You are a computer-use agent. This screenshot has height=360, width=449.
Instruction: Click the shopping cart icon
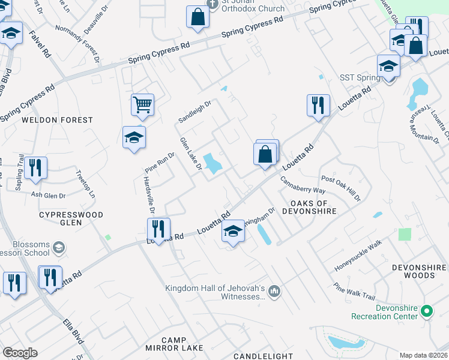coord(142,105)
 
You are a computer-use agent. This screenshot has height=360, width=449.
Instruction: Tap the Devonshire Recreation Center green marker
coord(427,311)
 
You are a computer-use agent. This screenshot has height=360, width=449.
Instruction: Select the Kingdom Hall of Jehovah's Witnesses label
coord(215,292)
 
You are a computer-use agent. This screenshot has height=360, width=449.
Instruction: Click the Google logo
coord(20,353)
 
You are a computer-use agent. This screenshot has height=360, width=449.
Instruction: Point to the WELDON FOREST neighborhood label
coord(58,120)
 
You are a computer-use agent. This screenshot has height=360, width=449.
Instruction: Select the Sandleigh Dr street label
coord(195,112)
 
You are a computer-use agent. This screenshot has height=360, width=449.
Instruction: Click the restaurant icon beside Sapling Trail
coord(36,169)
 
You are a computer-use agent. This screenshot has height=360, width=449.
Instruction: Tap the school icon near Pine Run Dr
coord(134,137)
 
